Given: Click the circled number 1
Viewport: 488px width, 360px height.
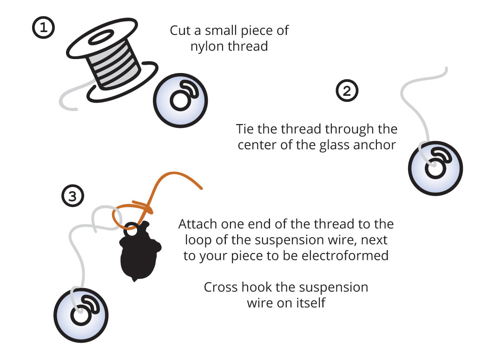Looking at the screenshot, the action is pos(44,27).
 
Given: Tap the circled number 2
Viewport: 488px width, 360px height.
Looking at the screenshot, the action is pos(347,91).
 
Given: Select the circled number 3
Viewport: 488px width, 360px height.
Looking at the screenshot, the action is pos(73,196).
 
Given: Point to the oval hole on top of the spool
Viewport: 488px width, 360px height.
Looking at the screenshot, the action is pos(101,37).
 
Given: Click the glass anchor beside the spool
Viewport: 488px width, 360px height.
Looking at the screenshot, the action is pos(180,100).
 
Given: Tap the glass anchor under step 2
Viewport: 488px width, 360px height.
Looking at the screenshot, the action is pos(435,168).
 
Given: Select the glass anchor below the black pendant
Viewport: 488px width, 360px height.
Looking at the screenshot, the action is pos(81,315).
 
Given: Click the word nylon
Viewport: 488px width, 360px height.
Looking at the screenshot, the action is pos(207,47).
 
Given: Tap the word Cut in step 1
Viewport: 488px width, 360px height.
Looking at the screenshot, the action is pos(180,31).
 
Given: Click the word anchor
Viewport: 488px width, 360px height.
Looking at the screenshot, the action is pos(375,145).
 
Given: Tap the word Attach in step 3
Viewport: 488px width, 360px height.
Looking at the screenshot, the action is pos(198,224).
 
